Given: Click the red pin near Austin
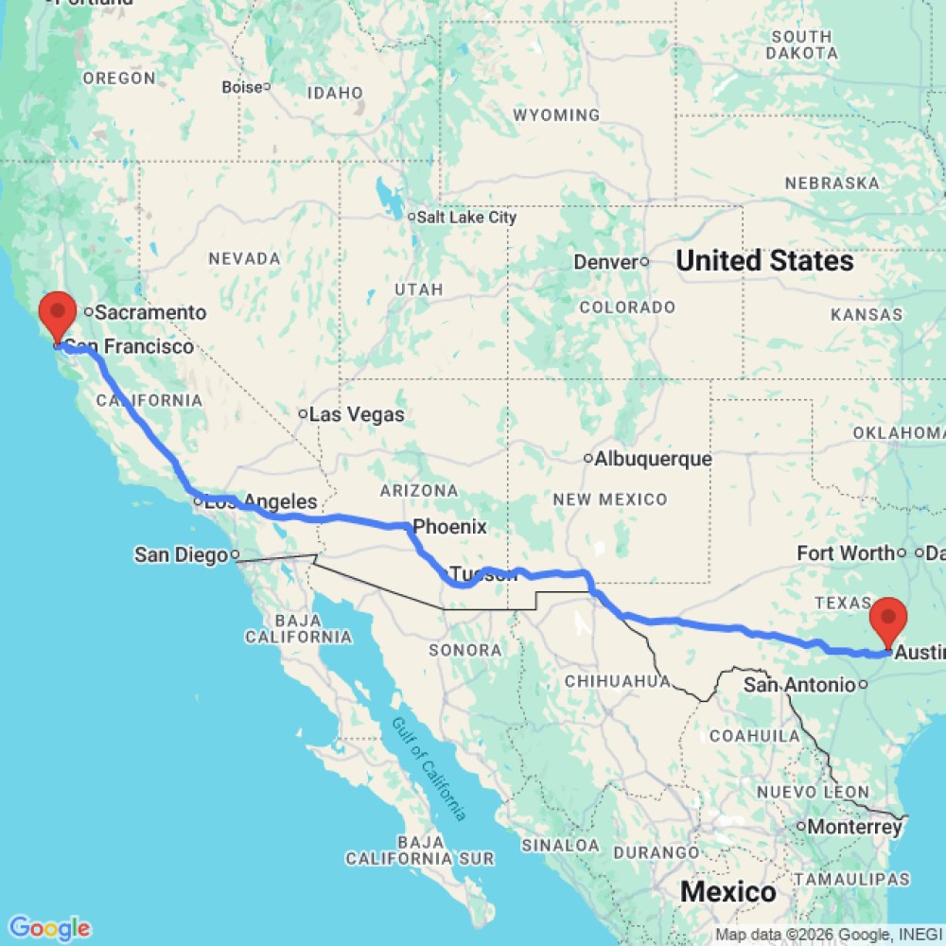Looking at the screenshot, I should point(888,620).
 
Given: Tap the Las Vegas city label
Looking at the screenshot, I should point(357,414).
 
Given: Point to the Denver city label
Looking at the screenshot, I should point(607,261).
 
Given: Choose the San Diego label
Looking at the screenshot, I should point(181,554).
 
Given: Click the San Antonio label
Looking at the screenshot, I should point(800,684).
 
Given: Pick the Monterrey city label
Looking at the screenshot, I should point(855,827).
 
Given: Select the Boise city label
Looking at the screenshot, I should point(241,87).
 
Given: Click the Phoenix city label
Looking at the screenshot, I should point(449,527).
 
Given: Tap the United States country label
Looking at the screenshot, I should point(764,260).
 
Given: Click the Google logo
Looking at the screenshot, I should point(49,928).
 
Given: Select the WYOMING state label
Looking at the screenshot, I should point(556,115).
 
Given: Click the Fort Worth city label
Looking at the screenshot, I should point(846,552).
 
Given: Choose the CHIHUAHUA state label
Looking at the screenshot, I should point(617,680).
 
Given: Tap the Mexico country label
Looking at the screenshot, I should point(728,891).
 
